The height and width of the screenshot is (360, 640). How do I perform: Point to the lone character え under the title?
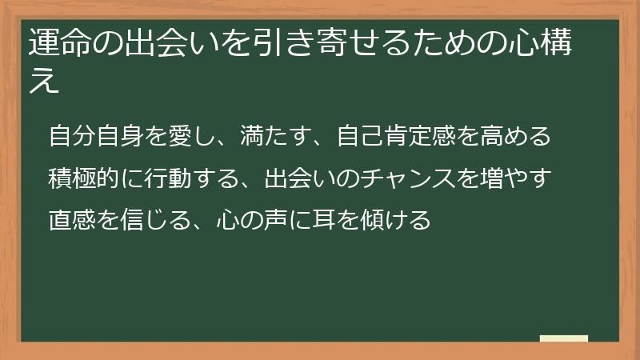point(45,82)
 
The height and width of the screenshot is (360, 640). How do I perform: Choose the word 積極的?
point(84,177)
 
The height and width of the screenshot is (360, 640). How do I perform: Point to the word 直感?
point(72,218)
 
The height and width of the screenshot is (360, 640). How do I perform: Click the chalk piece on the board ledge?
point(564,338)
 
